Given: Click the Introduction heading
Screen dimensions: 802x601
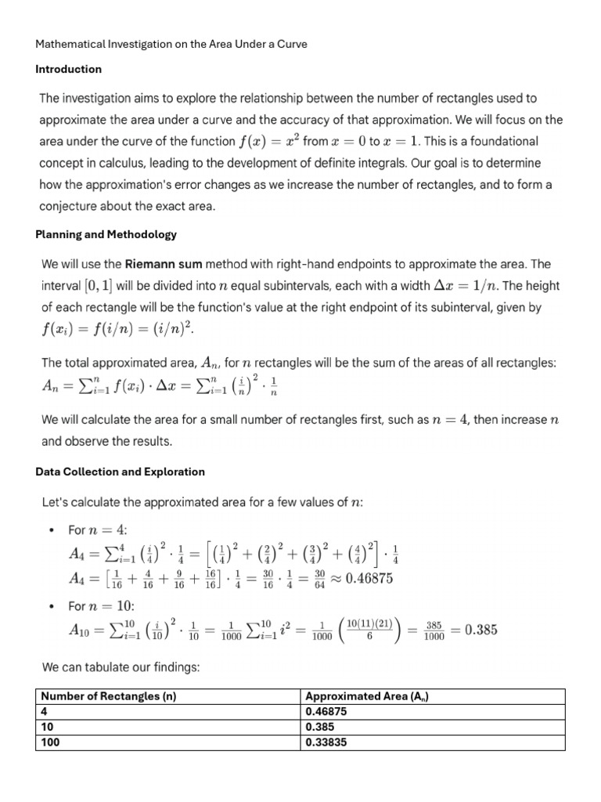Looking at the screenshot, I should point(68,69).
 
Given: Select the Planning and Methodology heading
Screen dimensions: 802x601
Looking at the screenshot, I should point(106,234).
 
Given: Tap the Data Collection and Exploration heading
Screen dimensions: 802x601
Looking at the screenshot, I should point(120,471).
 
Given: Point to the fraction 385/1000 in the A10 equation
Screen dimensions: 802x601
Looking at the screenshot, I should point(434,630).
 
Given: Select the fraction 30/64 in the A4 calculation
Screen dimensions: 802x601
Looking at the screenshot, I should point(318,579).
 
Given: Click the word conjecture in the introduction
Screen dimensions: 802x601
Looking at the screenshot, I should point(72,207).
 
